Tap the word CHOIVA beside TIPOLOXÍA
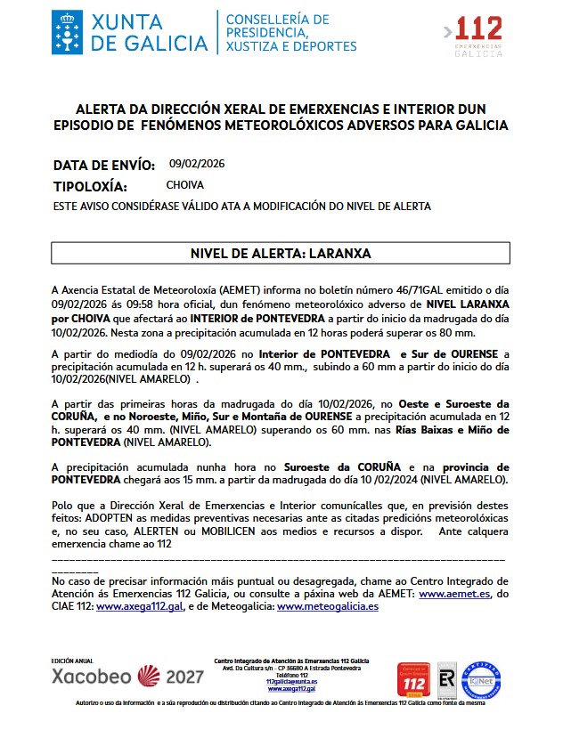click(x=185, y=185)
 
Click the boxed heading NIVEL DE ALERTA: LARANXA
click(x=281, y=254)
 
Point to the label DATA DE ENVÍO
click(x=104, y=165)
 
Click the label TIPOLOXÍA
click(x=91, y=187)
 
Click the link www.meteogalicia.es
click(x=328, y=606)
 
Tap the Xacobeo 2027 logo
click(x=127, y=676)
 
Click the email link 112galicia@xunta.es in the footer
click(x=291, y=681)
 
